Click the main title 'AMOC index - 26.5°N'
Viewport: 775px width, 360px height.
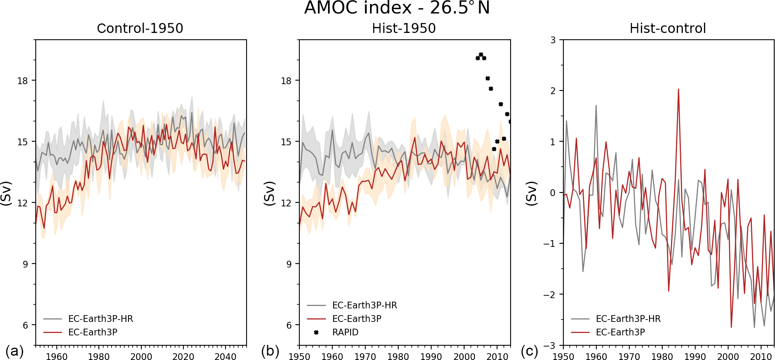(x=397, y=8)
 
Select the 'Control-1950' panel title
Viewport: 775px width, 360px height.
(x=140, y=28)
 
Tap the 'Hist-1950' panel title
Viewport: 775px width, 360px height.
(x=403, y=28)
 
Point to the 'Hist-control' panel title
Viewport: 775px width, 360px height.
(x=667, y=28)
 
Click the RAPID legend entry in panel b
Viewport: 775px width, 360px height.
(x=345, y=332)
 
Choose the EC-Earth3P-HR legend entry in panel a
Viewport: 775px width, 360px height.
(x=100, y=319)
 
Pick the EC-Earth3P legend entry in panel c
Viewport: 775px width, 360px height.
(x=620, y=332)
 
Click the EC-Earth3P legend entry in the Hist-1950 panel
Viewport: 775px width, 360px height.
(x=356, y=319)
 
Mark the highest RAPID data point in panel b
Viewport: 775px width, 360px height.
(x=481, y=55)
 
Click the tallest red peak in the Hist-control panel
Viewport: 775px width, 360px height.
(x=679, y=89)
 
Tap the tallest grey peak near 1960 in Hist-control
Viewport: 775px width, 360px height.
(x=596, y=106)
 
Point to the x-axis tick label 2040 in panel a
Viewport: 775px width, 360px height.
(x=225, y=356)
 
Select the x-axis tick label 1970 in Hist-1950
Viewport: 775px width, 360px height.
(x=365, y=356)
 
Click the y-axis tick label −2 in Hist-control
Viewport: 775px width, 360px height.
(x=549, y=295)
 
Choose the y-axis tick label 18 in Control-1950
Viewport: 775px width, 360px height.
(x=23, y=81)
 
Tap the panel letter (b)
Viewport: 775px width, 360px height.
(x=270, y=351)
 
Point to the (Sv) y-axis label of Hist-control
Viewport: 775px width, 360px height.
(x=531, y=193)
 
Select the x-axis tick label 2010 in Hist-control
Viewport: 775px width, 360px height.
(x=761, y=356)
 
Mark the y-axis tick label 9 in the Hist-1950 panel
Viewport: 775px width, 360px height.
(x=289, y=264)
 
